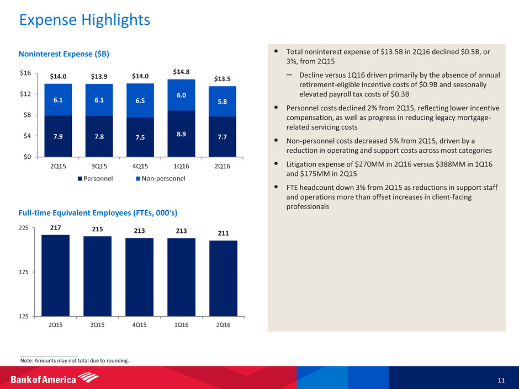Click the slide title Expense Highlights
pos(84,20)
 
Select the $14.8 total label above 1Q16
pos(182,71)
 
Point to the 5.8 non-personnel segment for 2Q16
pos(223,102)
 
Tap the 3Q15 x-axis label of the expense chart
pos(99,165)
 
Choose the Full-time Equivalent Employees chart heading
pos(98,212)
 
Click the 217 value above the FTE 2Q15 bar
pos(55,227)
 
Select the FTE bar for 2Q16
pos(223,278)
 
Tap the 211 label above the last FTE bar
pos(223,232)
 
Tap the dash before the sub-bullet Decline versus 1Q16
pos(289,75)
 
